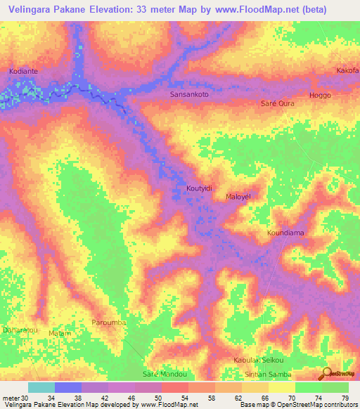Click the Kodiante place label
(25, 72)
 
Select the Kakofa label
(347, 71)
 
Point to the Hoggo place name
(320, 95)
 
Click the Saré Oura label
(277, 103)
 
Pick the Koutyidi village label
(199, 188)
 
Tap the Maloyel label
(238, 197)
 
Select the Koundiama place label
(285, 233)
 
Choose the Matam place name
(59, 333)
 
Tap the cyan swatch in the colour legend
(41, 387)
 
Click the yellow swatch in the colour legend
(281, 387)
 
